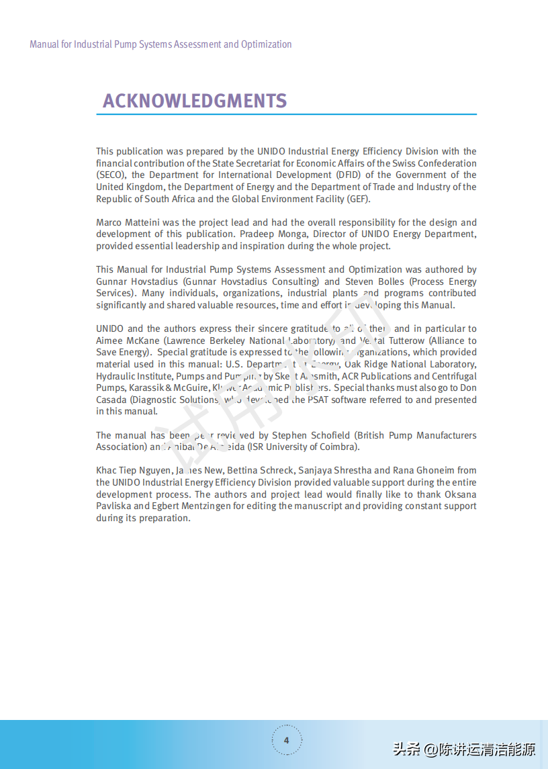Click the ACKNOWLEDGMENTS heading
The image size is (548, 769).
click(195, 101)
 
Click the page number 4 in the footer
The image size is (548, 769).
click(287, 740)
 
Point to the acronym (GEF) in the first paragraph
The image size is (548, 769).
click(358, 199)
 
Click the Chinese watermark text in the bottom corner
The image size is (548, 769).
click(464, 749)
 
